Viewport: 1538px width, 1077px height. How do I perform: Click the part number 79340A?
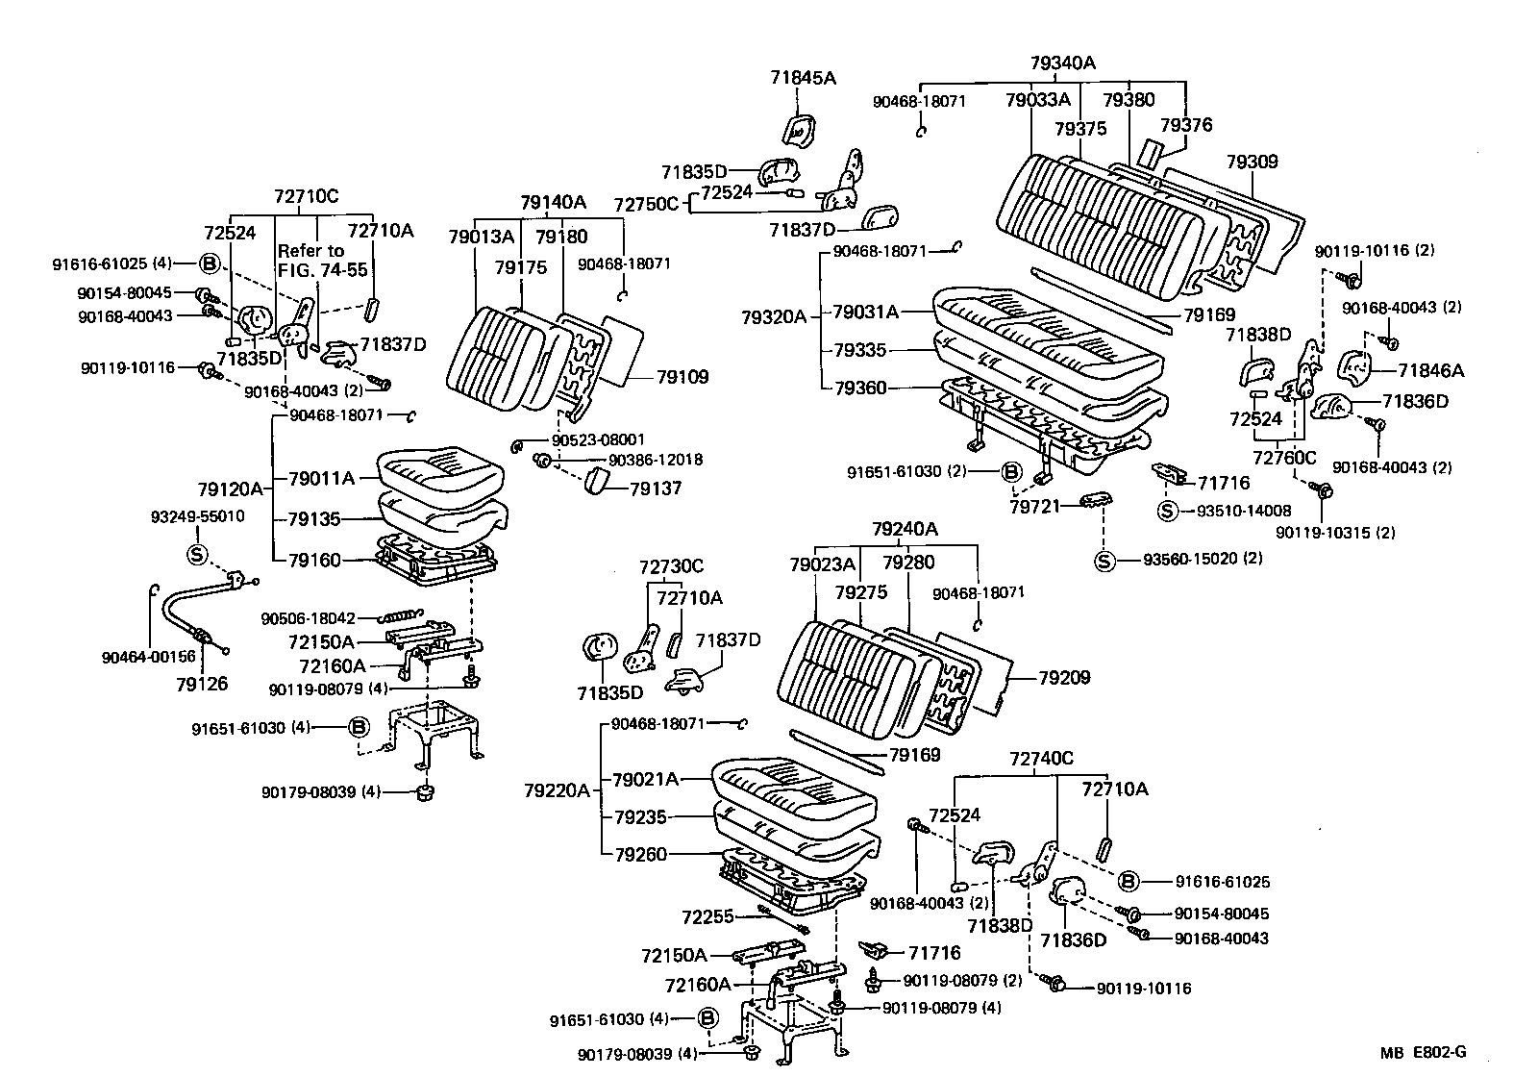[x=1062, y=63]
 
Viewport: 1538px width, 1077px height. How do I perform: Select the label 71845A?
[x=803, y=78]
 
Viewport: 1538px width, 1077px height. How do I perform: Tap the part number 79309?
[x=1252, y=162]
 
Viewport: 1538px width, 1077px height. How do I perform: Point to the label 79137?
[x=656, y=488]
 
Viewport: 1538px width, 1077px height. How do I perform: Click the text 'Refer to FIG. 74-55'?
[x=322, y=261]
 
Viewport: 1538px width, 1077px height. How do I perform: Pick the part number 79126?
[x=202, y=684]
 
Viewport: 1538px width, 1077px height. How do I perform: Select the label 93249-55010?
[x=197, y=516]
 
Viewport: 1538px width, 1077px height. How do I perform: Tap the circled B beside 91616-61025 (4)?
[x=210, y=263]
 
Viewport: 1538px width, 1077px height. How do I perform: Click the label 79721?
[x=1033, y=504]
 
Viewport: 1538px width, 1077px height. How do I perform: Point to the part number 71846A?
[x=1430, y=370]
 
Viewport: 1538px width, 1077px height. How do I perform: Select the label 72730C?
[x=672, y=566]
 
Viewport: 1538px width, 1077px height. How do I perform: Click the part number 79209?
[x=1064, y=678]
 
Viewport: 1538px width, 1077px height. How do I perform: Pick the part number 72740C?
[x=1041, y=759]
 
